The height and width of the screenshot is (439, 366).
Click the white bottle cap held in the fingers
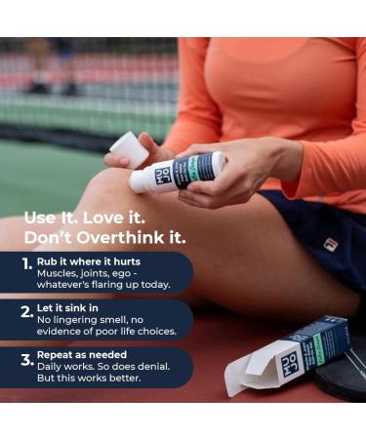(130, 149)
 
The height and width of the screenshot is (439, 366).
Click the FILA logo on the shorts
(331, 244)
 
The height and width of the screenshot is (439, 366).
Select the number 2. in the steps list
(27, 313)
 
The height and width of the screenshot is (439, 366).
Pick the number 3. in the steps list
(27, 359)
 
